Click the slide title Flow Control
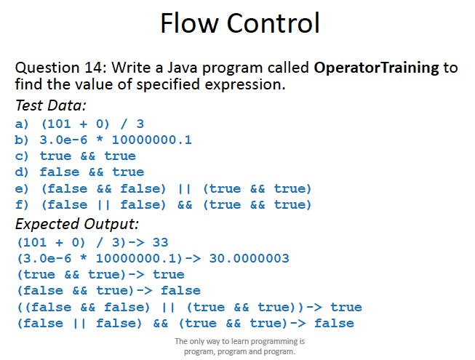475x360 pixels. point(239,24)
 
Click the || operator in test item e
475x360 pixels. point(184,189)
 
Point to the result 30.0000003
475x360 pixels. point(249,258)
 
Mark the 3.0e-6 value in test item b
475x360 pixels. point(63,140)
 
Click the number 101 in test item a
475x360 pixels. point(58,124)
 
